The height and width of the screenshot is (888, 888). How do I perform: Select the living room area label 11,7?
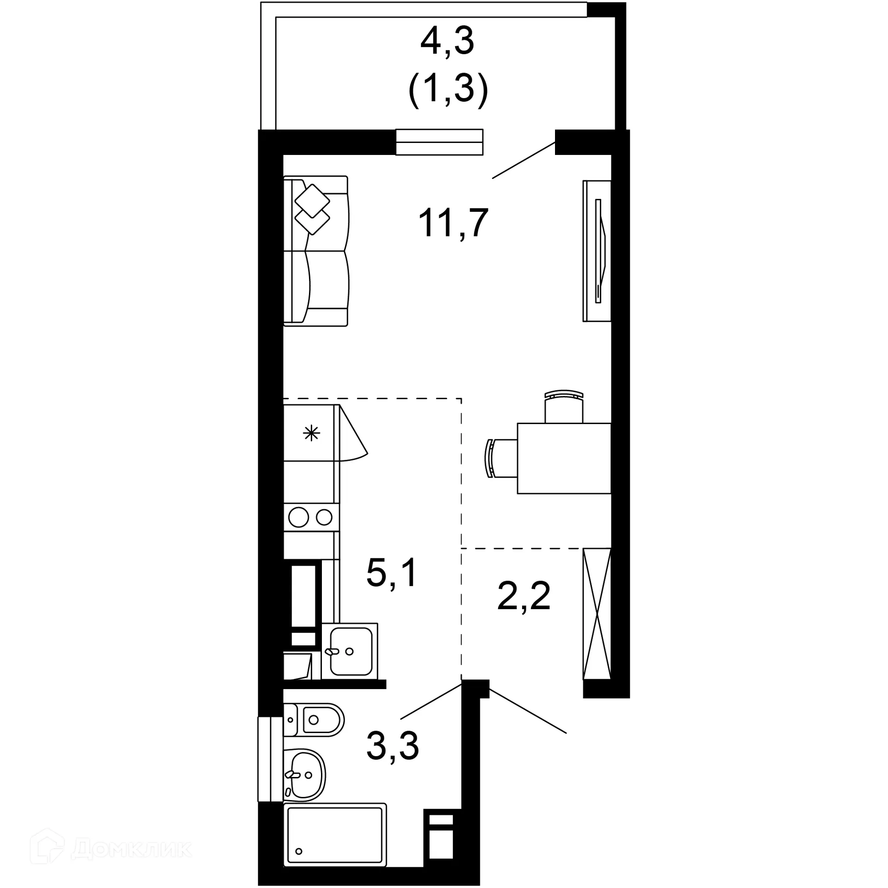click(x=453, y=223)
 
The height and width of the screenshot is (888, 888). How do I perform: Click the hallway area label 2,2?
click(x=524, y=596)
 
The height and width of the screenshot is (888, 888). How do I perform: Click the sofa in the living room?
click(x=315, y=251)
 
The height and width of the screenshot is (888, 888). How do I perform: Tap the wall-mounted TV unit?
click(x=597, y=251)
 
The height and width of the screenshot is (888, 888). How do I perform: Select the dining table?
click(x=564, y=458)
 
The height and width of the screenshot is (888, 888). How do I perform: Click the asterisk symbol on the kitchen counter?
click(x=311, y=433)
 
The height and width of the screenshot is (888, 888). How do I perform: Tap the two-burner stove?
click(x=311, y=517)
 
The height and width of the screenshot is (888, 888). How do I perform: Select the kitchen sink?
click(x=350, y=651)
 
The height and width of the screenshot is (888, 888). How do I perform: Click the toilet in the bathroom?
click(x=314, y=720)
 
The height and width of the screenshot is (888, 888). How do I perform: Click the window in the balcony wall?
click(x=439, y=142)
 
